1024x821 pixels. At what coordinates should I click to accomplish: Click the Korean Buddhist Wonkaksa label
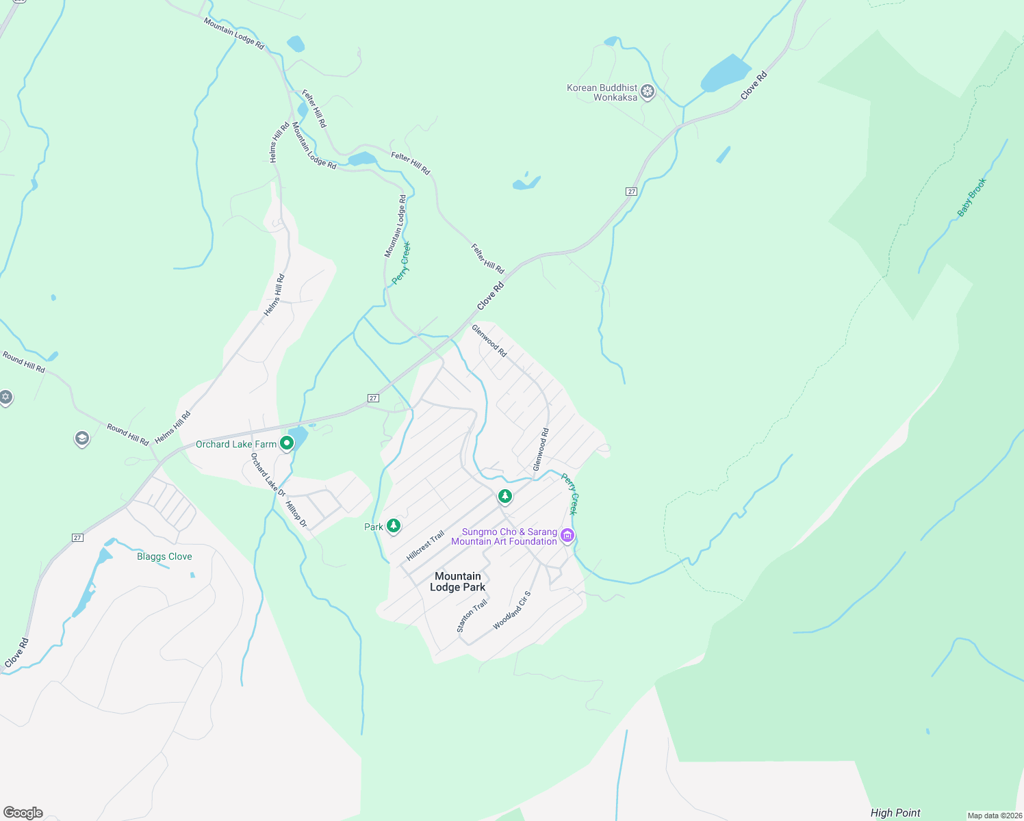tap(602, 92)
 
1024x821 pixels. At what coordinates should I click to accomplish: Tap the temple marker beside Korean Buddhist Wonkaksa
tap(648, 92)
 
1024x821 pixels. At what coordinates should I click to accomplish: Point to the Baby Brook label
tap(971, 198)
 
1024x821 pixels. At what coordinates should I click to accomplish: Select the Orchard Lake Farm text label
tap(236, 444)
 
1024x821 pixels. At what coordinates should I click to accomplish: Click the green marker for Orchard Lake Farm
tap(287, 443)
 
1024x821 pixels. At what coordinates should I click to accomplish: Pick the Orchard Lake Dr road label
tap(268, 473)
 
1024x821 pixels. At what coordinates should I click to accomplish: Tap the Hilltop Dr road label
tap(296, 514)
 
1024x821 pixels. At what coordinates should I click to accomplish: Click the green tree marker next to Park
tap(393, 525)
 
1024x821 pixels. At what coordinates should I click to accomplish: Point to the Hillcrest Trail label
tap(425, 546)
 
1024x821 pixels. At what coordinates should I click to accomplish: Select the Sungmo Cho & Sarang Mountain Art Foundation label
tap(504, 536)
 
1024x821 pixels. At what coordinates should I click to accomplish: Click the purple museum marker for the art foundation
tap(567, 535)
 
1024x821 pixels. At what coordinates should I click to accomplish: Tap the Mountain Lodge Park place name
tap(457, 582)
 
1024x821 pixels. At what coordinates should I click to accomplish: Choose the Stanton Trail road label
tap(472, 616)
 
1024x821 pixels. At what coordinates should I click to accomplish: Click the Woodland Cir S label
tap(511, 610)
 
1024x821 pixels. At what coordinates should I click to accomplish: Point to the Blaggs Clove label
tap(164, 556)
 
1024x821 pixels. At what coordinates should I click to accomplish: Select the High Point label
tap(895, 813)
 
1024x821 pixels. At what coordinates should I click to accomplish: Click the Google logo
tap(23, 813)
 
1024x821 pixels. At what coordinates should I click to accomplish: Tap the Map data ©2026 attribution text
tap(994, 816)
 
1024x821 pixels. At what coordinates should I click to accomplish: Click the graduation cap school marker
tap(82, 438)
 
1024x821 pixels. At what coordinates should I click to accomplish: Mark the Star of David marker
tap(5, 397)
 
